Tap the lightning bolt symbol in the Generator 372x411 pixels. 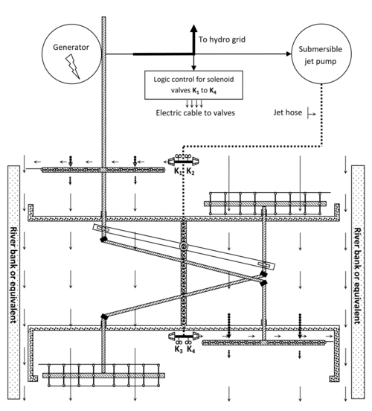pos(73,66)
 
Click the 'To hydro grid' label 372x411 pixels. pos(222,39)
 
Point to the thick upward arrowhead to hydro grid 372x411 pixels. pos(193,28)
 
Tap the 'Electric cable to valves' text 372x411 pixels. pos(196,113)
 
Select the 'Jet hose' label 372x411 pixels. pos(288,112)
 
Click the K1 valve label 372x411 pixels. pos(178,172)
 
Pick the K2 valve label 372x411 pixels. pos(190,172)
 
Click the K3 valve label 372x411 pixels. pos(179,349)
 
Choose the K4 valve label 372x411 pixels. pos(191,349)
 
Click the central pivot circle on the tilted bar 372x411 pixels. pos(183,246)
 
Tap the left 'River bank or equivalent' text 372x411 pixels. pos(13,275)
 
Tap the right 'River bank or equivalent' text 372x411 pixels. pos(358,275)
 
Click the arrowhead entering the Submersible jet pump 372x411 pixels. pos(289,54)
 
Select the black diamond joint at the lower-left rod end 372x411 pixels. pos(104,317)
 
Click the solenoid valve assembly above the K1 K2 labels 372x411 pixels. pos(183,160)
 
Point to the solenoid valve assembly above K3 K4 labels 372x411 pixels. pos(184,337)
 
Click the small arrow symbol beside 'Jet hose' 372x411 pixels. pos(311,114)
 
